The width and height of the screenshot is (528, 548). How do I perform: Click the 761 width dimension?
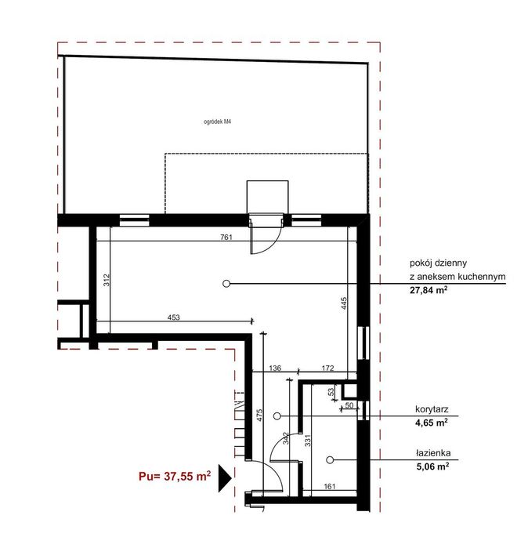click(x=226, y=237)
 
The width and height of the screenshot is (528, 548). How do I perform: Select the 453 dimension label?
click(x=174, y=317)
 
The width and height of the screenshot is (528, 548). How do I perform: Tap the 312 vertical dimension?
click(x=107, y=280)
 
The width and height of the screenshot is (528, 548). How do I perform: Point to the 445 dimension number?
click(x=344, y=303)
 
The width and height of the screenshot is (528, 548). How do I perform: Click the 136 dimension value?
click(x=275, y=368)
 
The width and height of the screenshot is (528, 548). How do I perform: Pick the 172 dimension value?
click(x=327, y=368)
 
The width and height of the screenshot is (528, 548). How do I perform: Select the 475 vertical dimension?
click(x=259, y=416)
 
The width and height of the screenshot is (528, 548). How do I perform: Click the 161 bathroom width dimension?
click(x=329, y=486)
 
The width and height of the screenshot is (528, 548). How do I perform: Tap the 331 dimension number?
click(x=308, y=441)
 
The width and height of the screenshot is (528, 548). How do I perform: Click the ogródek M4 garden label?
click(x=217, y=122)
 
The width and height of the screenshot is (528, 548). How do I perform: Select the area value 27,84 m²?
click(x=429, y=290)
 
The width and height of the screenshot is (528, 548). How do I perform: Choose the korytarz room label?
click(x=432, y=409)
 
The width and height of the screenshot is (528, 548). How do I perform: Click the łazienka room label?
click(x=433, y=453)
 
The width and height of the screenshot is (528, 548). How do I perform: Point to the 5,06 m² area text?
click(x=432, y=466)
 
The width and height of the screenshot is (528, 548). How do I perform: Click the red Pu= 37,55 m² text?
click(x=175, y=476)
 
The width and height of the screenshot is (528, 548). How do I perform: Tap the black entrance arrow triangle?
click(x=225, y=478)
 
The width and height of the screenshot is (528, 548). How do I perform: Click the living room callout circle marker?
click(x=226, y=284)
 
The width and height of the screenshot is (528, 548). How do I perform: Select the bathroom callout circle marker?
click(x=330, y=460)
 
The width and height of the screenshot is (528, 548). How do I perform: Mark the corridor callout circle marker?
click(x=277, y=416)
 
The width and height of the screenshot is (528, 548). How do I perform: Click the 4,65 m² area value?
click(x=432, y=423)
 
